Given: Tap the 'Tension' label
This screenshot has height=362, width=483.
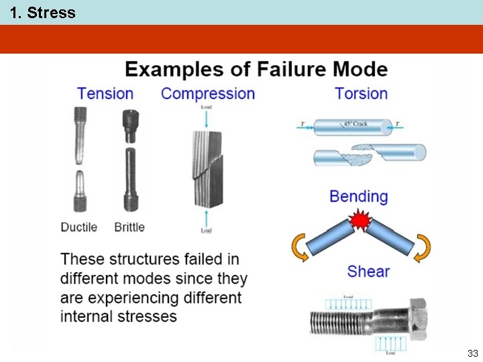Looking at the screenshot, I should click(105, 93).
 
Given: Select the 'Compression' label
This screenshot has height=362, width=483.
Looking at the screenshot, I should click(208, 93).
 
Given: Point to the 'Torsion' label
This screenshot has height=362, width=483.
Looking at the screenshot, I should click(361, 93).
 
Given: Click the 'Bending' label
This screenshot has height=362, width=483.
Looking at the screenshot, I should click(358, 196).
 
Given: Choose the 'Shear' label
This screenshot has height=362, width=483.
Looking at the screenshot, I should click(368, 271).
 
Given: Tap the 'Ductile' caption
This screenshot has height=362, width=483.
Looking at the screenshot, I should click(79, 227).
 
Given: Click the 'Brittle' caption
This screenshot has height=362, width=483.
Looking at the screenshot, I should click(129, 227).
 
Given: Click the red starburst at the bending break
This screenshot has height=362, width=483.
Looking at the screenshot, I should click(361, 220).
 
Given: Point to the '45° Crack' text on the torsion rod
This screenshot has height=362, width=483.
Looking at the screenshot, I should click(356, 124).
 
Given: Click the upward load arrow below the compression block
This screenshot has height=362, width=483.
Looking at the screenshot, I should click(206, 217).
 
